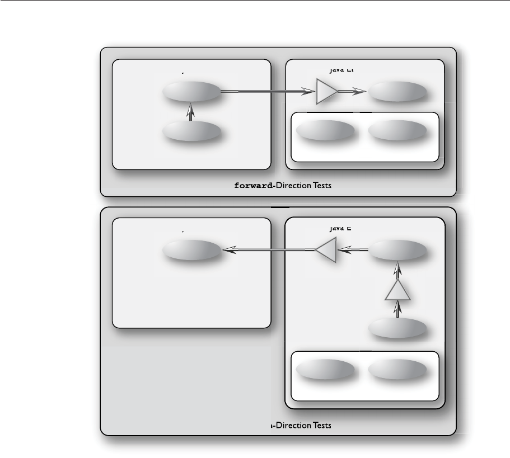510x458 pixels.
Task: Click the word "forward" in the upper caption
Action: [256, 186]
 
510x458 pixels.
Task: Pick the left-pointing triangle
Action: [325, 249]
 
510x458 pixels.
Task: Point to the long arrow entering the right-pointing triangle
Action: [266, 92]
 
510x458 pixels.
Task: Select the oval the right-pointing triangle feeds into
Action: [397, 92]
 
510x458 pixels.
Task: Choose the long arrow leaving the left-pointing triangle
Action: [269, 250]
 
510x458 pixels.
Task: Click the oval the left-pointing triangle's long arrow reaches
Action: [191, 250]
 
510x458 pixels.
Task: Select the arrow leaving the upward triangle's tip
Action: [397, 271]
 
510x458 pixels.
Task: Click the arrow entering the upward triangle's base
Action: [397, 309]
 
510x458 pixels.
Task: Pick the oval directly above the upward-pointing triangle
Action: [397, 250]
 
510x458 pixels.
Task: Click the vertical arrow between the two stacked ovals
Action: [191, 112]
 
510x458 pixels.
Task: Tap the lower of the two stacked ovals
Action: [191, 132]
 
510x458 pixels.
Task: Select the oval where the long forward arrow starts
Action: [191, 92]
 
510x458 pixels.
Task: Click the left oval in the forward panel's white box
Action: [325, 131]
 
